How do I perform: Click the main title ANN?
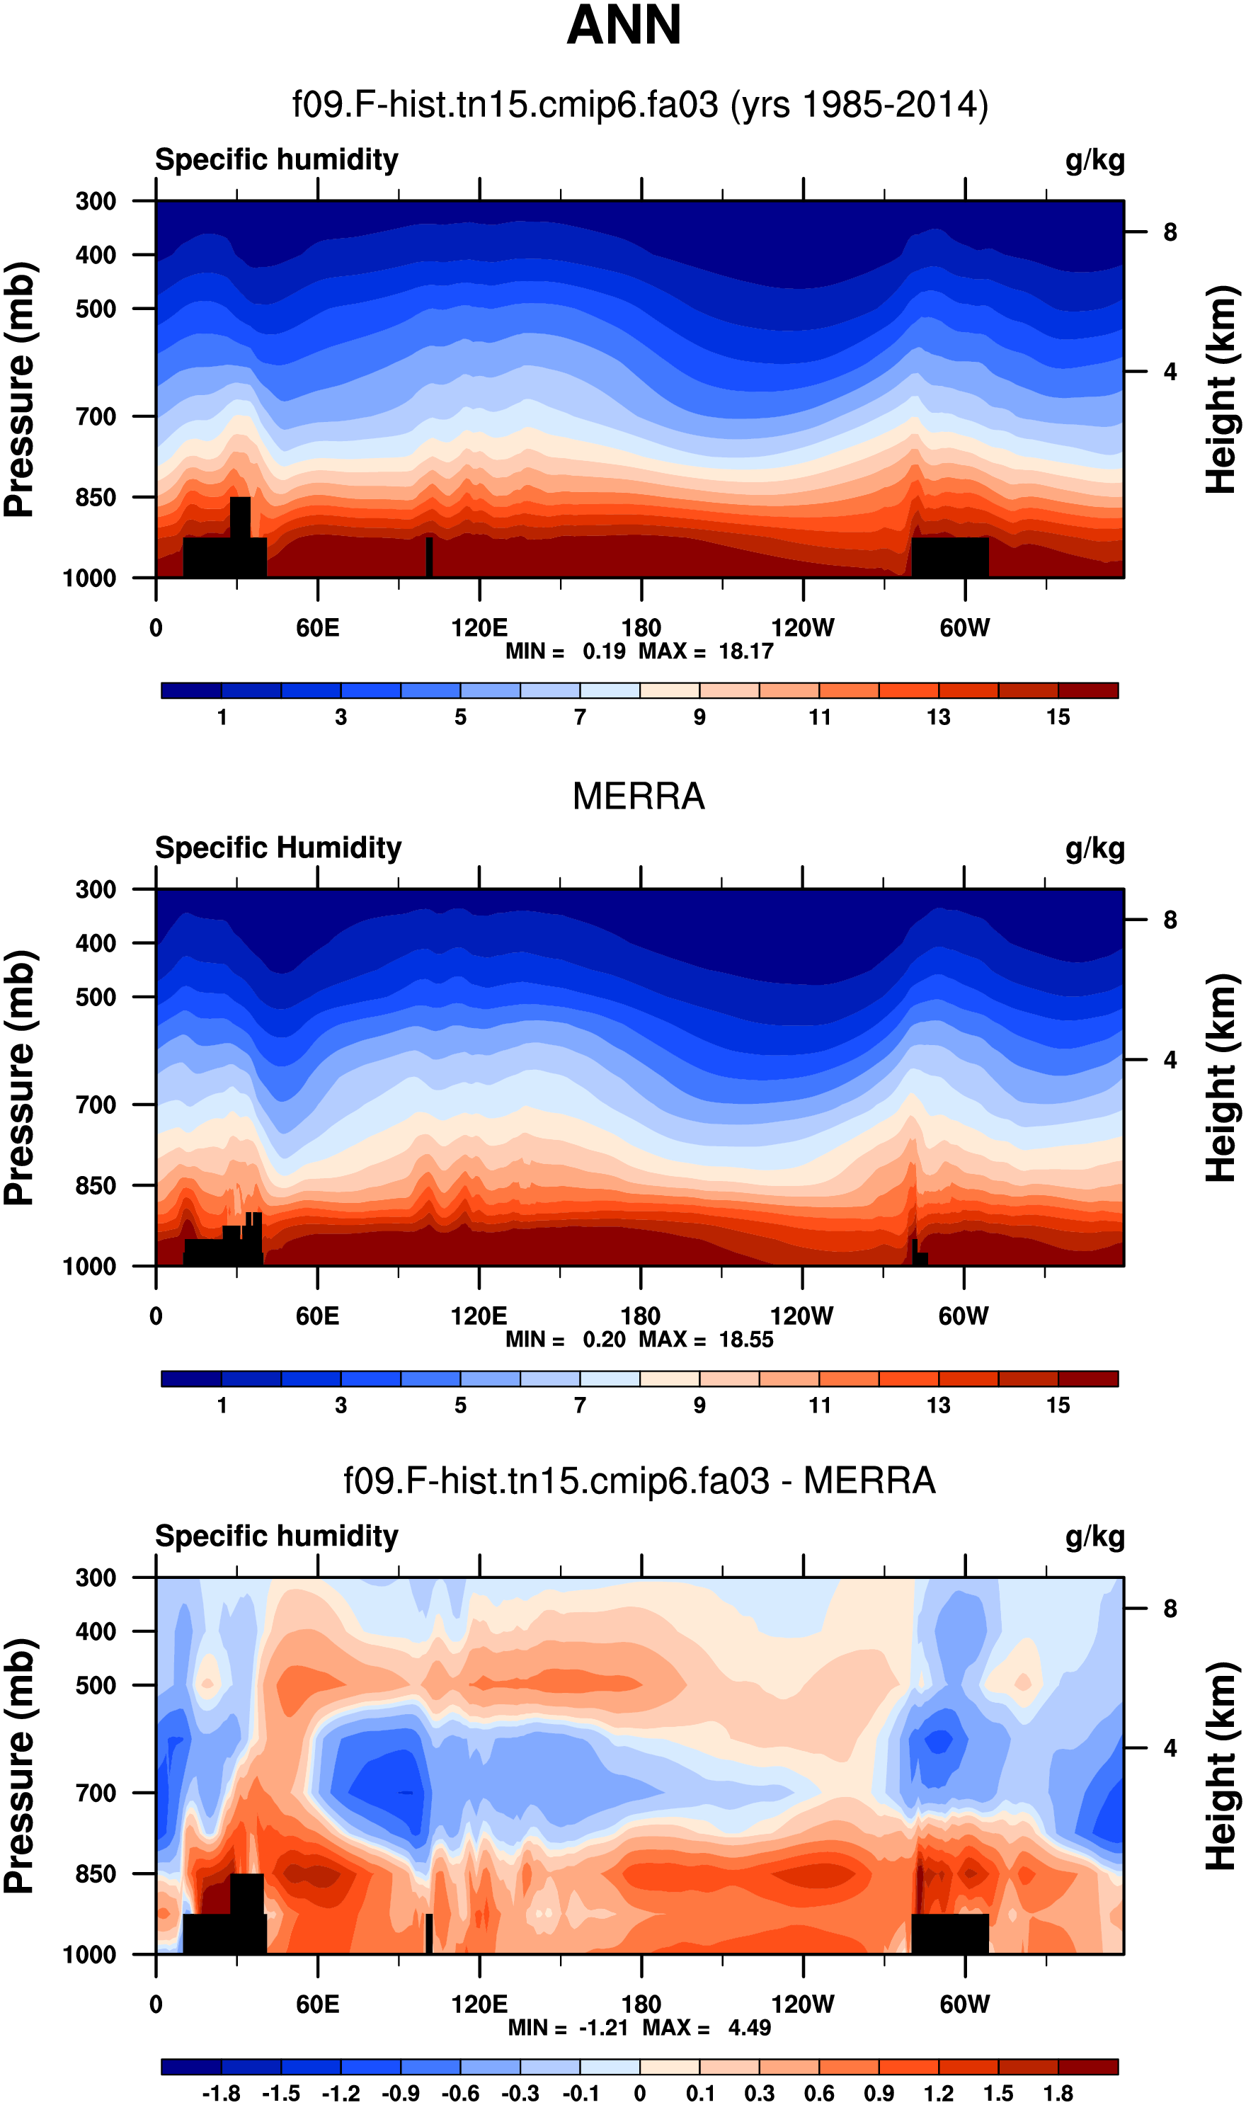623,25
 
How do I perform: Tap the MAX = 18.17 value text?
705,651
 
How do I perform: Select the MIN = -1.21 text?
568,2028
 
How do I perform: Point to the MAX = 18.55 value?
705,1339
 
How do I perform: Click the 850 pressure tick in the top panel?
96,497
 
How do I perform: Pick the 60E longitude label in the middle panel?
317,1316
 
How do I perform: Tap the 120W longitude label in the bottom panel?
803,2004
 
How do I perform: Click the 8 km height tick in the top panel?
1170,232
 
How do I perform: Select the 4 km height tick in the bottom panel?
1170,1748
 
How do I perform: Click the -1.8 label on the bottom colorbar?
221,2093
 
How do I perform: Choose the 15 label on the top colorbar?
1058,717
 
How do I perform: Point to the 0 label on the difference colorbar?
640,2093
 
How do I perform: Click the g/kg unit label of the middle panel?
1095,848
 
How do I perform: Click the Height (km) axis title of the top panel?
1223,389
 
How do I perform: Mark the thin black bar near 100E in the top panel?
429,557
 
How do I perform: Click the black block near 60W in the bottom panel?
949,1934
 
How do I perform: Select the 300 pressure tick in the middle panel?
96,889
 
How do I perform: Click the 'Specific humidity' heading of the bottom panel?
276,1536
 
